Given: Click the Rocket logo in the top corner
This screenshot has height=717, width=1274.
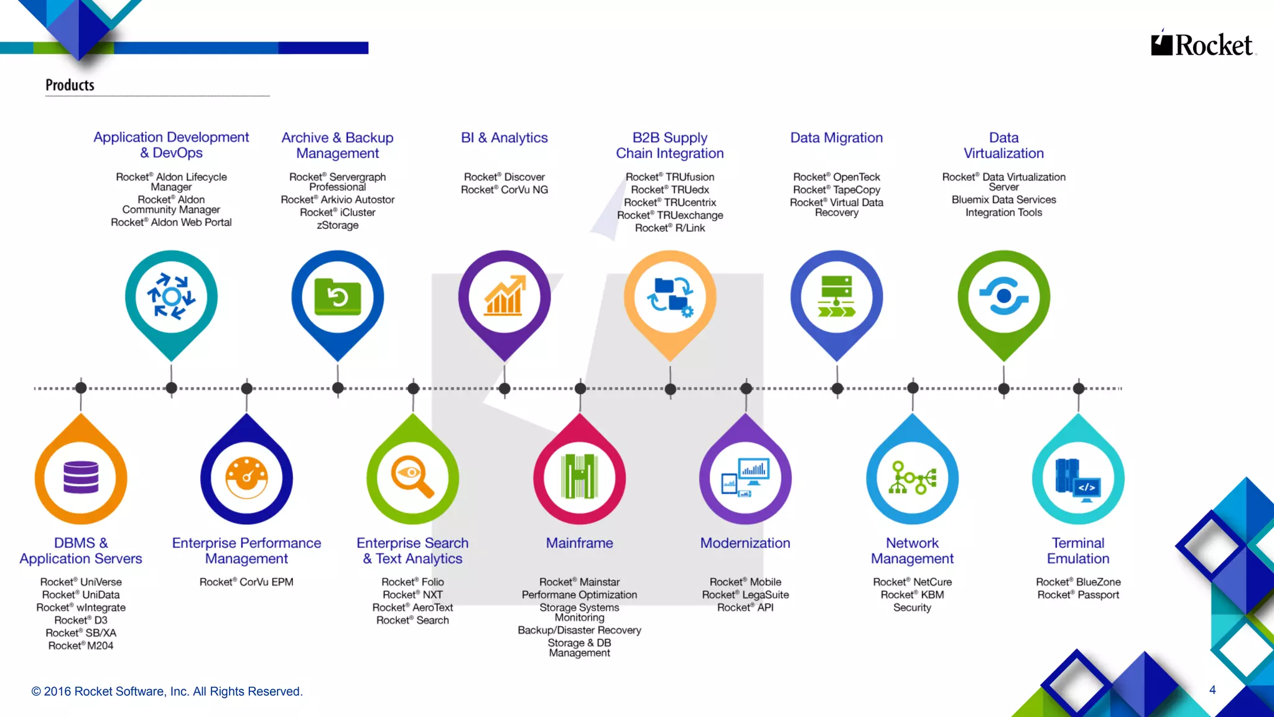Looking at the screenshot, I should (1202, 45).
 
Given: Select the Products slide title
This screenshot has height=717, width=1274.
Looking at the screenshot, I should (70, 85).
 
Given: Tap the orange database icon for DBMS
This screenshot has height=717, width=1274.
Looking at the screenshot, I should (81, 477).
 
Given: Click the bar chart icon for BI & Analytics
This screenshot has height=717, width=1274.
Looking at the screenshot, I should (504, 297).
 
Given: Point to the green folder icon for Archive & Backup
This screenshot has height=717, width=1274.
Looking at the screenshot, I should (338, 297).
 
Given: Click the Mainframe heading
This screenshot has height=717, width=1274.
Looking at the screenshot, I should (579, 543).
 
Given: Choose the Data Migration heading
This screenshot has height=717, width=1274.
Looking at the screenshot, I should (836, 138).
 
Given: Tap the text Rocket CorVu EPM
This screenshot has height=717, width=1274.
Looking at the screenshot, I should (246, 582).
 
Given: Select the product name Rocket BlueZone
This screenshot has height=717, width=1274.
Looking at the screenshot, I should (1078, 582).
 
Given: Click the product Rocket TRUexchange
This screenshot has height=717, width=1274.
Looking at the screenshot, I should (670, 215).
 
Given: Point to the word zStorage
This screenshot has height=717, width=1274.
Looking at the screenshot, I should (338, 225).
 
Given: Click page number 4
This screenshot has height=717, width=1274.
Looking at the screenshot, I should (1212, 690).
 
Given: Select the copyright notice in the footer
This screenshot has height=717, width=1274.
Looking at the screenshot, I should (167, 691).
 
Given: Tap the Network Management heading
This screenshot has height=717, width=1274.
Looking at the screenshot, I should (912, 551).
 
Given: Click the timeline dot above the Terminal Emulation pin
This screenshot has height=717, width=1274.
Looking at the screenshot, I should (1079, 388).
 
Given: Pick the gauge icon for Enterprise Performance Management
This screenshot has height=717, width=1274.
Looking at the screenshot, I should (247, 477).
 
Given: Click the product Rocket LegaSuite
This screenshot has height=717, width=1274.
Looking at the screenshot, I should (745, 595).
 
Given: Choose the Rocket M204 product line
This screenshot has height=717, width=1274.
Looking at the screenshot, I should (81, 646).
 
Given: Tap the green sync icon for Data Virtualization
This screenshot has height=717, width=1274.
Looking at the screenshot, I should (1003, 297).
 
